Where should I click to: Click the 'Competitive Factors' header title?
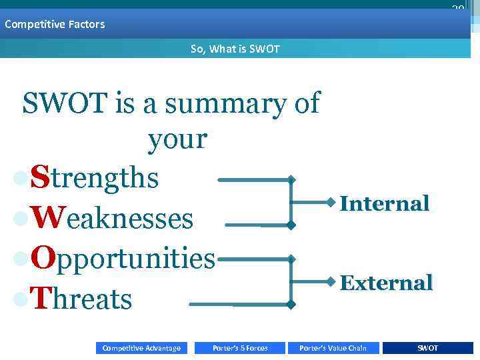coord(55,25)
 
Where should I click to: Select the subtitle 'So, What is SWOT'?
coord(235,49)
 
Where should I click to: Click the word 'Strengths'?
coord(95,179)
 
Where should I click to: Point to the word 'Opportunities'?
coord(123,259)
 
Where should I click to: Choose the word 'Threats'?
coord(81,299)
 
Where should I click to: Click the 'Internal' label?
coord(385,203)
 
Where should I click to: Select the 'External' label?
coord(386,283)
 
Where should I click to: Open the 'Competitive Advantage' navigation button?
coord(141,348)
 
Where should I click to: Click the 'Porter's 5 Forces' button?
coord(240,348)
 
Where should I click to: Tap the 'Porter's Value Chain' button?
coord(333,348)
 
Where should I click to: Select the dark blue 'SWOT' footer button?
coord(428,348)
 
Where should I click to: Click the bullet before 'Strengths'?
coord(21,179)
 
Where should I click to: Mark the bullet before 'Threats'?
coord(21,300)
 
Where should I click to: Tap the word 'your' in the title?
coord(177,139)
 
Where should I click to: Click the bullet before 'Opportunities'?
coord(21,260)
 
